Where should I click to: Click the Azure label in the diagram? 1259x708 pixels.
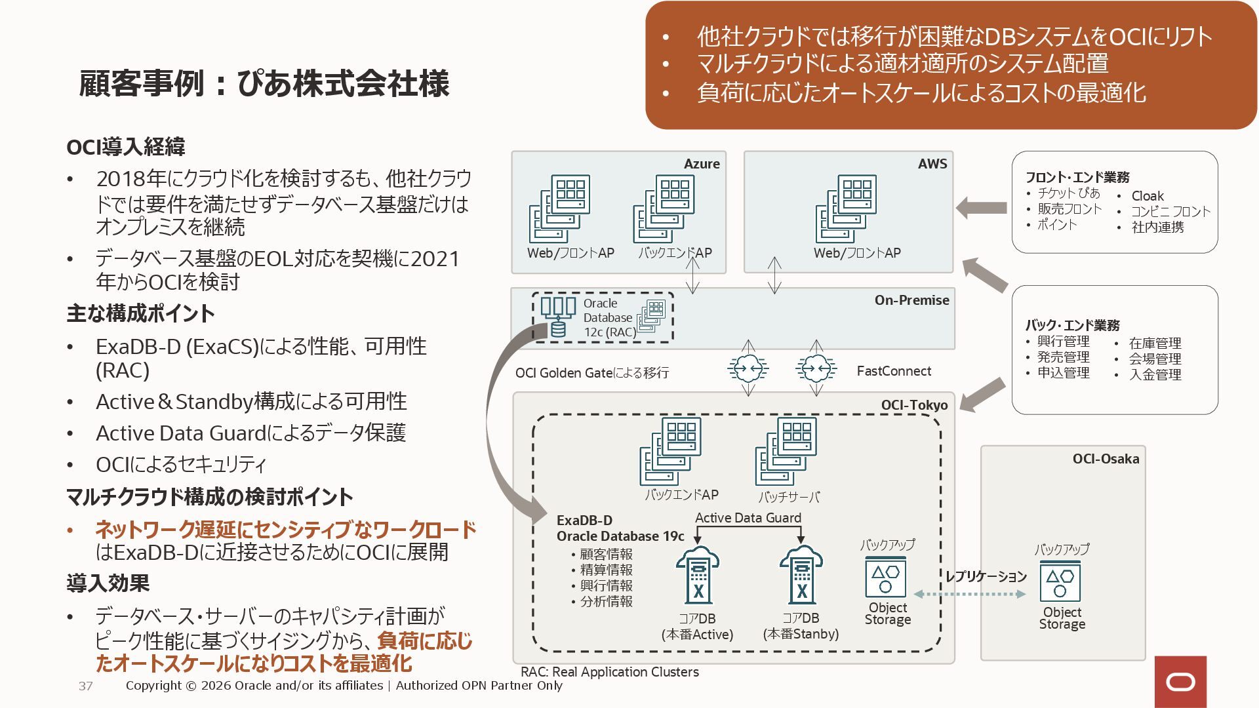[x=701, y=164]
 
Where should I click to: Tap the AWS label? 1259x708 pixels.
[x=932, y=164]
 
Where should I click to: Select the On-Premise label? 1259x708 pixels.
[x=911, y=300]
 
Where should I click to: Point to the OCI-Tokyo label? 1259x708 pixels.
[x=914, y=405]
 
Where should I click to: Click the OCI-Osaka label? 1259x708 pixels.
[x=1106, y=459]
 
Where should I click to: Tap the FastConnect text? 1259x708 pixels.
[x=894, y=371]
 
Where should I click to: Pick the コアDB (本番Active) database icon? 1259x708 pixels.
[x=698, y=576]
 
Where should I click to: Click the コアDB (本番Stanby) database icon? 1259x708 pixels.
[x=801, y=576]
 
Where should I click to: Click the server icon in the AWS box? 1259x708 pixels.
[x=847, y=208]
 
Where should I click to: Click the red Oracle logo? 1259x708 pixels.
[x=1180, y=682]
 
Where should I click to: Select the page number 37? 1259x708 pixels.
[x=85, y=686]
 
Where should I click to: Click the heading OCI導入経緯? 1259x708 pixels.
[x=126, y=147]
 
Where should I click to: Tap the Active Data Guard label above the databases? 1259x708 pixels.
[x=748, y=518]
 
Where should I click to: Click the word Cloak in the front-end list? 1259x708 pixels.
[x=1148, y=196]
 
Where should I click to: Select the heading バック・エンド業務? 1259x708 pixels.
[x=1072, y=325]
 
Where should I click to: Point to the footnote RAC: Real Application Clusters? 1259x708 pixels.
[x=610, y=672]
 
